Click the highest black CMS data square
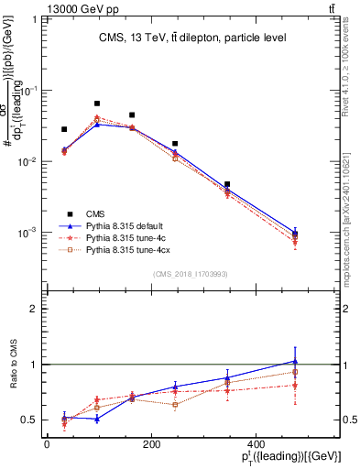tap(97, 104)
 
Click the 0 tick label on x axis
tap(47, 446)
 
